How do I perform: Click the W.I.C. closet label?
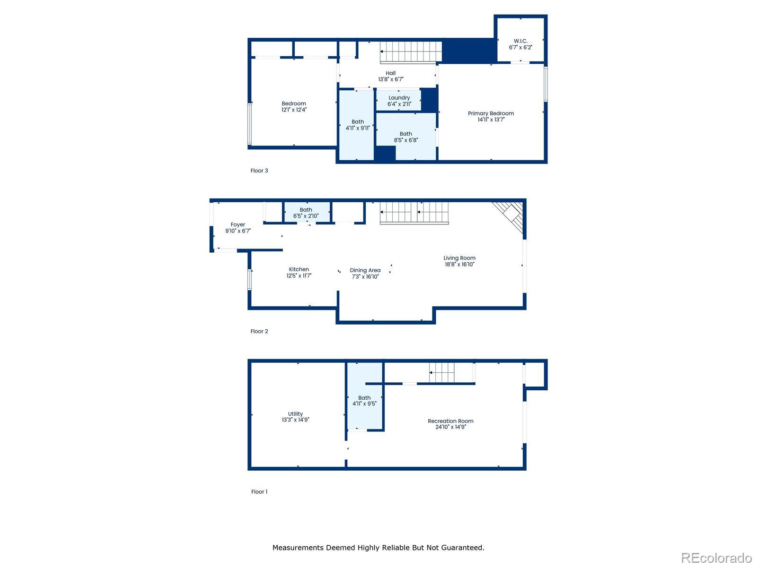[x=520, y=41]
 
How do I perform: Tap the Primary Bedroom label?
[x=491, y=113]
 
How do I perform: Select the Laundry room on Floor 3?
[x=399, y=101]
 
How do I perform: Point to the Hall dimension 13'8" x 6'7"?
[x=390, y=79]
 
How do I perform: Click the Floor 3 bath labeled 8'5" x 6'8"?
[x=406, y=137]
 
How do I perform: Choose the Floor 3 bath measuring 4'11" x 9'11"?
[x=357, y=125]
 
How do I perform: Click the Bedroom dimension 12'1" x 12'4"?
[x=294, y=110]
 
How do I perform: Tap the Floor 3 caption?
[x=259, y=171]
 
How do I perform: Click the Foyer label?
[x=238, y=224]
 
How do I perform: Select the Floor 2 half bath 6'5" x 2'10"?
[x=306, y=213]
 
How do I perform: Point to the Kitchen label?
[x=299, y=269]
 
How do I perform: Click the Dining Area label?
[x=365, y=270]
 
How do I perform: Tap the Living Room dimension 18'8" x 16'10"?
[x=459, y=265]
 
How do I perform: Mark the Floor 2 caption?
[x=259, y=331]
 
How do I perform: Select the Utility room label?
[x=295, y=414]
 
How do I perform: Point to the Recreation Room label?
[x=450, y=421]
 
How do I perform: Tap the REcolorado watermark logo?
[x=716, y=558]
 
